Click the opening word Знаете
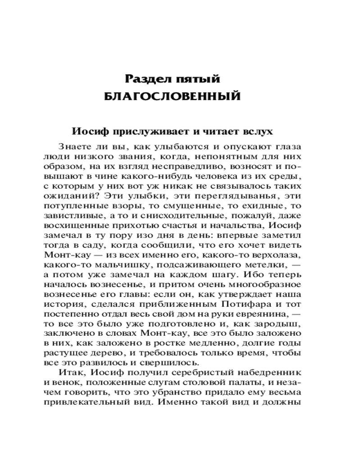click(x=75, y=147)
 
